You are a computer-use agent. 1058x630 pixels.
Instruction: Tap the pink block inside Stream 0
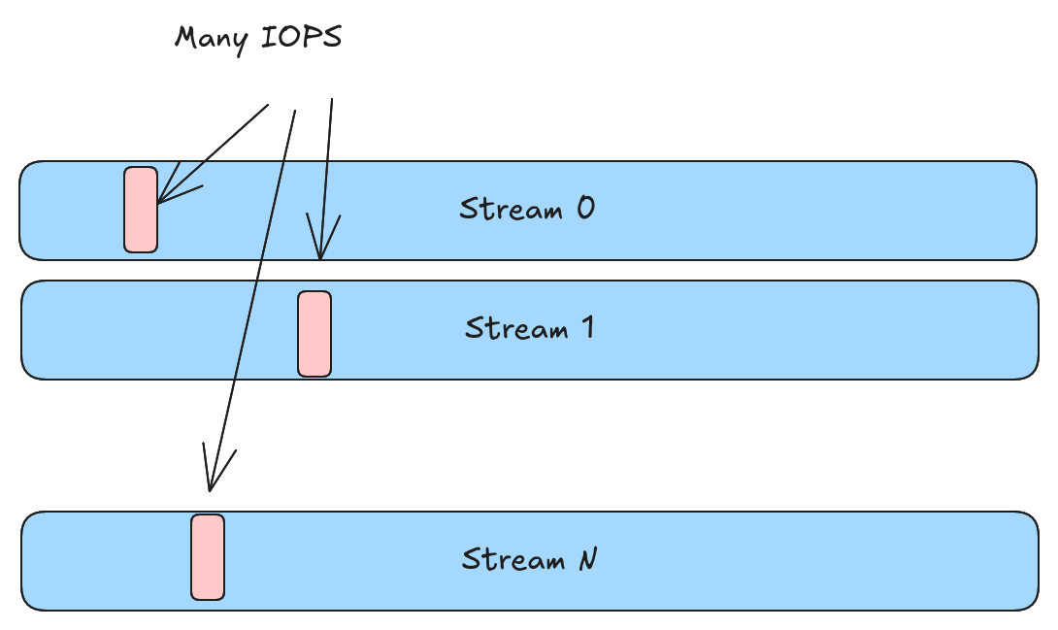(x=141, y=210)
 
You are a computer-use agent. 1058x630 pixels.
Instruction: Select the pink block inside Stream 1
(x=314, y=334)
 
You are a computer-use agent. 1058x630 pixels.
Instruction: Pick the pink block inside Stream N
(x=208, y=557)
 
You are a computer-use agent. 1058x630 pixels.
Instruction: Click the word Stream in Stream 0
(x=511, y=209)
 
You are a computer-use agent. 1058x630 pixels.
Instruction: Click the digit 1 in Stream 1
(x=586, y=327)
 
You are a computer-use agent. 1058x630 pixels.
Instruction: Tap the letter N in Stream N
(x=587, y=559)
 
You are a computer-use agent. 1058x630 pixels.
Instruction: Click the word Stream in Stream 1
(x=515, y=328)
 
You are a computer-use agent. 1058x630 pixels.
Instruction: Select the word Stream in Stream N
(x=512, y=560)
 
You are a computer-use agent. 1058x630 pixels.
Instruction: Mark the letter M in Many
(x=186, y=38)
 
